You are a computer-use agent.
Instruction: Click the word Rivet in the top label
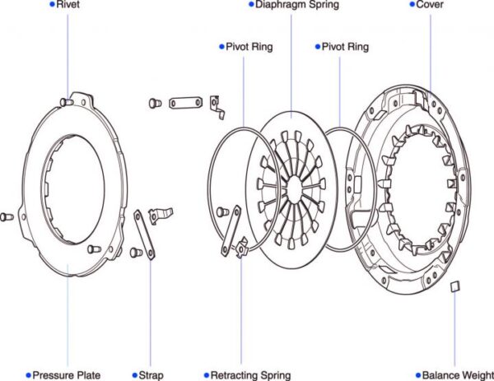(68, 5)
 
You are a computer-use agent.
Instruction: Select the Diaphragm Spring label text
(296, 5)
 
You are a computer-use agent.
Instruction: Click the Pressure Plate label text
(67, 375)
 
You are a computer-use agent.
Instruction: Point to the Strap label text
(152, 375)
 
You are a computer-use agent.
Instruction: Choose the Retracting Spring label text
(252, 375)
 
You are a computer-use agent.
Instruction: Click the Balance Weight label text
(458, 375)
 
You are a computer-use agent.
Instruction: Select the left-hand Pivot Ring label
(249, 47)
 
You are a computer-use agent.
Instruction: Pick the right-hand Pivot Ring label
(346, 47)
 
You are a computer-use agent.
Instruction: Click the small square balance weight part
(452, 286)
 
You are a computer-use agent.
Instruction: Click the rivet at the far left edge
(6, 216)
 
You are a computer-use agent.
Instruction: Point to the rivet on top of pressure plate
(69, 100)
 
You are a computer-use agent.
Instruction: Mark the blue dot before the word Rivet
(52, 5)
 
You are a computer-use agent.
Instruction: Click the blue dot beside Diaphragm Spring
(250, 5)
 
